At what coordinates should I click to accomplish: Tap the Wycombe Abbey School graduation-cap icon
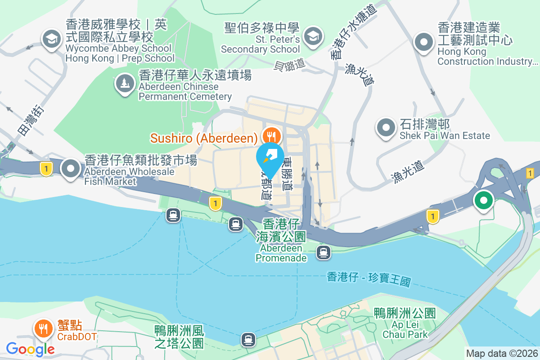pyautogui.click(x=52, y=39)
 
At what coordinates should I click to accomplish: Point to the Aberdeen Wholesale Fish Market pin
pyautogui.click(x=71, y=169)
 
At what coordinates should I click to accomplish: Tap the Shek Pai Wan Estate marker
pyautogui.click(x=386, y=127)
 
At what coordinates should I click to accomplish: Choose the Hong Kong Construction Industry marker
pyautogui.click(x=423, y=43)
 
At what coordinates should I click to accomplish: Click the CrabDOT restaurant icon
pyautogui.click(x=43, y=328)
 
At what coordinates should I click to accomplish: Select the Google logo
pyautogui.click(x=31, y=349)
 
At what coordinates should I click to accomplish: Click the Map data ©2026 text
pyautogui.click(x=502, y=354)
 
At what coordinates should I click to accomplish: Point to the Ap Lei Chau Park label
pyautogui.click(x=405, y=324)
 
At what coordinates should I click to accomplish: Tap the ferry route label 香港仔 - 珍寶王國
pyautogui.click(x=369, y=279)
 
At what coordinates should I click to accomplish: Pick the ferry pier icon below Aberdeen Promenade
pyautogui.click(x=323, y=252)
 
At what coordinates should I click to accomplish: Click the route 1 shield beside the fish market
pyautogui.click(x=45, y=169)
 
